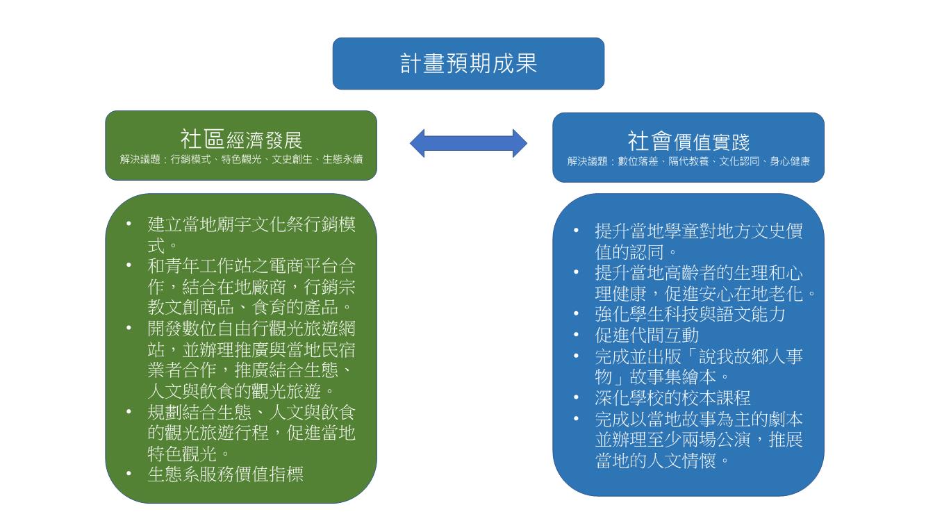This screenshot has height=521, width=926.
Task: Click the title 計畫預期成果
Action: pos(468,64)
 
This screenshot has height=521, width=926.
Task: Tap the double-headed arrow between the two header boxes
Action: pos(468,143)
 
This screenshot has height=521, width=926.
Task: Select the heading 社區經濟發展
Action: pos(241,140)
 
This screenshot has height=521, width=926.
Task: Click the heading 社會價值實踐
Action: pos(688,142)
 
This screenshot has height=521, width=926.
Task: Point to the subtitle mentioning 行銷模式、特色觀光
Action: pos(241,160)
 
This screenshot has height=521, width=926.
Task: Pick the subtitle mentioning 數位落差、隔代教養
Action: pos(688,161)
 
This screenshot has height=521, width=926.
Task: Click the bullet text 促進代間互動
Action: pos(647,336)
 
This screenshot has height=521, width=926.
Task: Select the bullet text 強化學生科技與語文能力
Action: pos(690,314)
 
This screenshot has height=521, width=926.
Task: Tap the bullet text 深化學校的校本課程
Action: pos(672,398)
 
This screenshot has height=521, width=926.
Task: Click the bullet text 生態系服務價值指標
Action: pos(225,474)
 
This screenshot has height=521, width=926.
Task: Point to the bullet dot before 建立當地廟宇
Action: pos(129,224)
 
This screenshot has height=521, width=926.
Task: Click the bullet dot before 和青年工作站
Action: pos(129,265)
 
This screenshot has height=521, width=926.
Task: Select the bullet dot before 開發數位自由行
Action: pos(129,328)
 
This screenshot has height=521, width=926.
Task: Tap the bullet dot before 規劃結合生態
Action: pos(129,411)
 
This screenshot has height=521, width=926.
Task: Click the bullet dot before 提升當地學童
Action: pos(577,231)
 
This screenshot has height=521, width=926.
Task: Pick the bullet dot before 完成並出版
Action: pos(577,356)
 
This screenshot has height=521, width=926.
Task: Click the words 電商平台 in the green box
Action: pos(304,266)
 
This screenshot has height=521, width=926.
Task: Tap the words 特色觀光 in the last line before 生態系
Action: pos(182,454)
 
